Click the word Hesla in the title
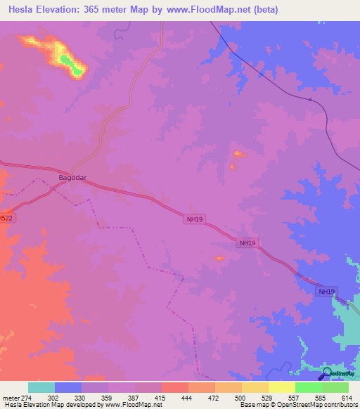(x=25, y=10)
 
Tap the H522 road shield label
(x=6, y=219)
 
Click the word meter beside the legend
(x=10, y=397)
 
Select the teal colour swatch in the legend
(x=41, y=387)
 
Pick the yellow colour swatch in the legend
(x=281, y=387)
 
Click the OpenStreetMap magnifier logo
(x=327, y=373)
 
